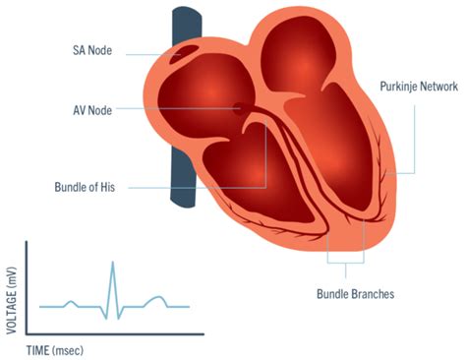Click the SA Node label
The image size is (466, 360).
(92, 50)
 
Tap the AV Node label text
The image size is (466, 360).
(92, 110)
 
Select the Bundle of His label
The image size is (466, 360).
(85, 187)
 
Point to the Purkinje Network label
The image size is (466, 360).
(419, 87)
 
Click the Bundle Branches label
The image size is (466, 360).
(355, 294)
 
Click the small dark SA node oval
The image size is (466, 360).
(184, 54)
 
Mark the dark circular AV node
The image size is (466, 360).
(239, 109)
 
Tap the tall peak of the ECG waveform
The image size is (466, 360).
(113, 262)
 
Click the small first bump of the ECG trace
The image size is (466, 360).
(71, 303)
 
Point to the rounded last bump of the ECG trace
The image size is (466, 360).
(157, 298)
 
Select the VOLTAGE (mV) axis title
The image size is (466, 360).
(12, 301)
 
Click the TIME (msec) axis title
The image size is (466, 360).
(55, 351)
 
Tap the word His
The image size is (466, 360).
(108, 187)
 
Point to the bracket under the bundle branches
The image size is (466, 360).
(346, 263)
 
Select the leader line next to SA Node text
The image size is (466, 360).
(153, 55)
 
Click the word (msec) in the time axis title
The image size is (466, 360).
(68, 351)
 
